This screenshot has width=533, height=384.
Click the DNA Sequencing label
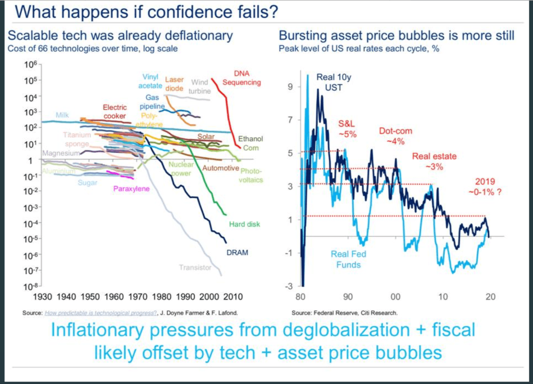(242, 78)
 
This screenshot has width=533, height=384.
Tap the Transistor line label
(195, 267)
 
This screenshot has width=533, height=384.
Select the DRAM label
(237, 252)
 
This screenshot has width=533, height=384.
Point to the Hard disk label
(244, 224)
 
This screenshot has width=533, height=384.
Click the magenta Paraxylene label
(131, 189)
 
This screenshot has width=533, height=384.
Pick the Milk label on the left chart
(62, 115)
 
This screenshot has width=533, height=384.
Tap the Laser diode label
(174, 84)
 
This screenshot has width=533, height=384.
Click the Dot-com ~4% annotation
(395, 136)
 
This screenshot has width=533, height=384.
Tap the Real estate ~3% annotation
(434, 161)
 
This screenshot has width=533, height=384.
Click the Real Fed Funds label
(348, 259)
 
